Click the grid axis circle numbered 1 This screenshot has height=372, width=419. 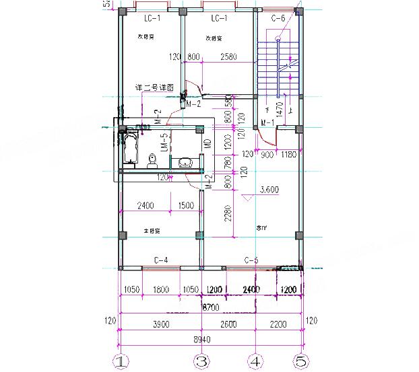point(119,361)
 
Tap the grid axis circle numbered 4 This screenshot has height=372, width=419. point(255,361)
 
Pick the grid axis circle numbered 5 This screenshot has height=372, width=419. point(300,361)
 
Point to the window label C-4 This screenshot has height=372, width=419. point(161,260)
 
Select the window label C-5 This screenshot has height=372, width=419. point(251,260)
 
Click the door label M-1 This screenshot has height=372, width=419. point(267,122)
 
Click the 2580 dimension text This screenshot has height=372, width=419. point(228,57)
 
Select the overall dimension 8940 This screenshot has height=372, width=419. point(203,339)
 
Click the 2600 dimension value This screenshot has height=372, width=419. point(228,324)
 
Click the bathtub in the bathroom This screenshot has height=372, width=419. point(130,148)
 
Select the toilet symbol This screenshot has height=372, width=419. point(153,160)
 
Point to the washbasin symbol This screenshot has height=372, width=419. point(186,161)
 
